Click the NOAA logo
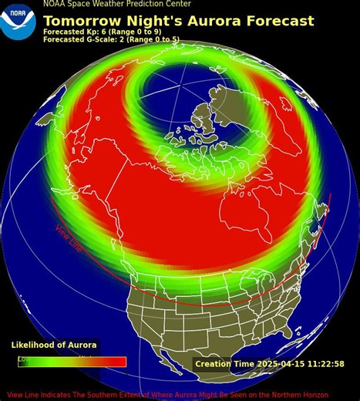click(x=18, y=22)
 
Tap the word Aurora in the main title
click(x=204, y=22)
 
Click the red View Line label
click(x=69, y=238)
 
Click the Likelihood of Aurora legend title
click(x=54, y=345)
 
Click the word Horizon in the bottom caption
click(x=338, y=394)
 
